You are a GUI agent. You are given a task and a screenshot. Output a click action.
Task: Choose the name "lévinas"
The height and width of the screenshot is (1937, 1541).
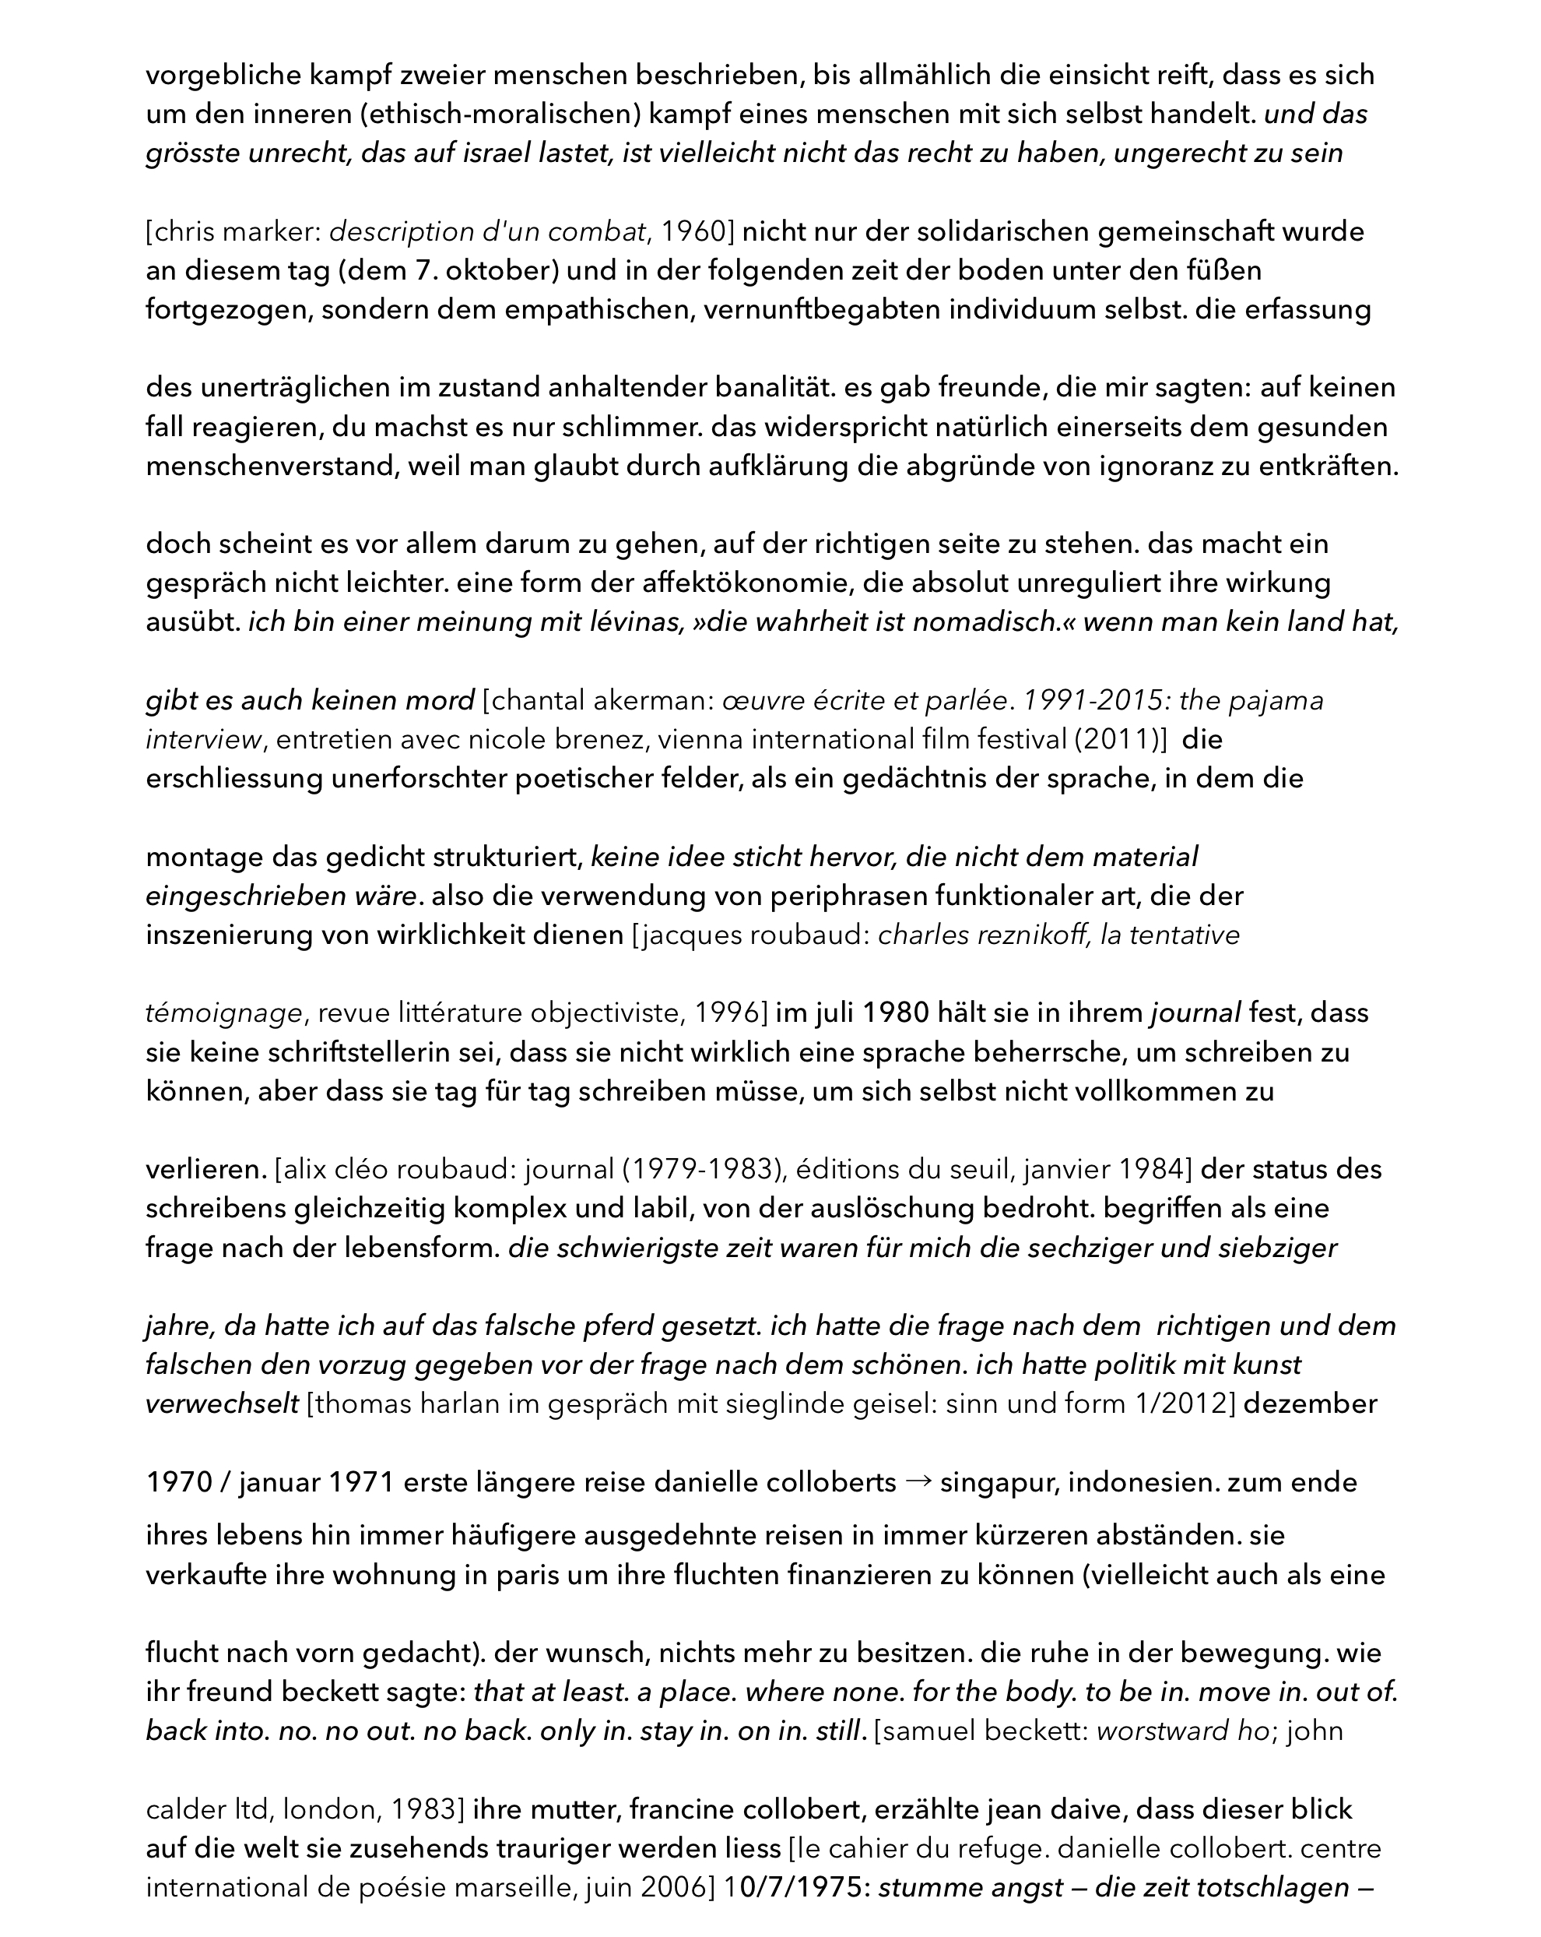(630, 622)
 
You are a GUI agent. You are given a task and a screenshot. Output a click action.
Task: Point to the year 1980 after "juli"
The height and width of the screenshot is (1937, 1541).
(897, 1013)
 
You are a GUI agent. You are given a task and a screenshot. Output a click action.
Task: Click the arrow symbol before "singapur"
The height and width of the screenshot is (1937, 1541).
(918, 1481)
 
